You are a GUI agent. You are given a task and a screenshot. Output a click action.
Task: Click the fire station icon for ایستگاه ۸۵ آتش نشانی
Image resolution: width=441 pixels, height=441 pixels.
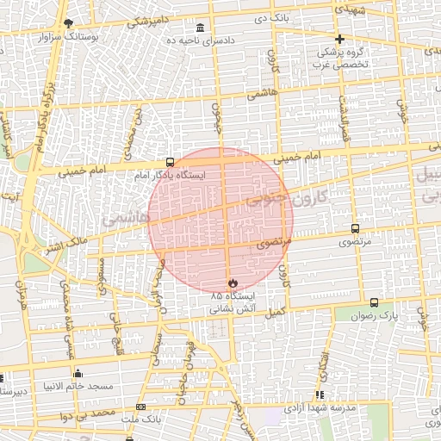233,283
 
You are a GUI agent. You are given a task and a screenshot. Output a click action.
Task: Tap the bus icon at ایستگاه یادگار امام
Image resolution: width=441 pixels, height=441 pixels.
170,162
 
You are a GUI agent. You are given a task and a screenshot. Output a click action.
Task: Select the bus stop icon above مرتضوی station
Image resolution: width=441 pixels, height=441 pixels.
355,229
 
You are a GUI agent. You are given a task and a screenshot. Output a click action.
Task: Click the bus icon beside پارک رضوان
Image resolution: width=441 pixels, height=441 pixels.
374,302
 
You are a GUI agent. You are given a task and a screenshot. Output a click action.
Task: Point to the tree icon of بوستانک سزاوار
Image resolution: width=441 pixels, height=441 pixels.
68,23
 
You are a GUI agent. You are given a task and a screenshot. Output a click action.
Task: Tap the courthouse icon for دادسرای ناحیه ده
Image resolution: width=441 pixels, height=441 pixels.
201,27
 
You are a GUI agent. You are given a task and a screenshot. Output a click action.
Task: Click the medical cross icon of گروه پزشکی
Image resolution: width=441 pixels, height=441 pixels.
340,39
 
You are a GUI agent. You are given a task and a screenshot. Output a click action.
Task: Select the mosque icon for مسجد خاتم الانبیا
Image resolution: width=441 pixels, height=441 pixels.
78,373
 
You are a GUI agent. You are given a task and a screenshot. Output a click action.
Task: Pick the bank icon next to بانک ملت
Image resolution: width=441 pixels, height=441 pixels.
141,407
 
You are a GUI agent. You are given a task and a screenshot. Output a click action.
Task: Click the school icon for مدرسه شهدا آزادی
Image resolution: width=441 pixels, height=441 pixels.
320,394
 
